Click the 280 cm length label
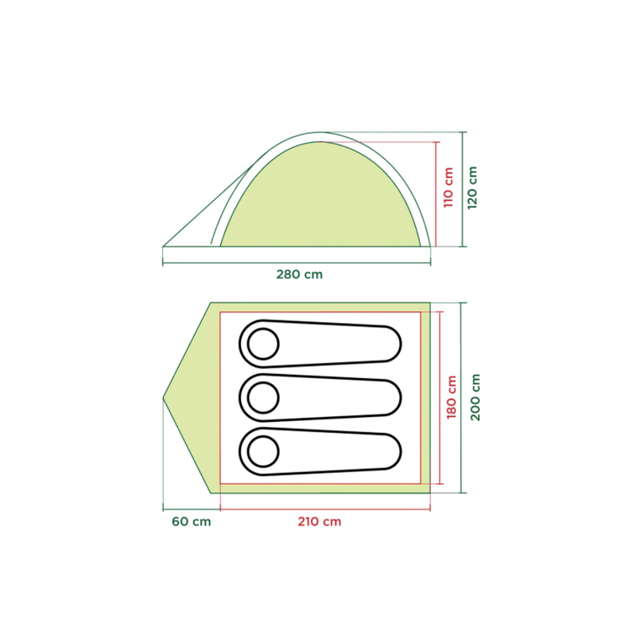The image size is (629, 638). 299,274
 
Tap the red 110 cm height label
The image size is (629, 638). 448,187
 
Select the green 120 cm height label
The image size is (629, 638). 473,187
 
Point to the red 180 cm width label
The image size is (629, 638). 451,397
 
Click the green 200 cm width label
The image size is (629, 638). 476,397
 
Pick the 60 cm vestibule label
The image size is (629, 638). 192,522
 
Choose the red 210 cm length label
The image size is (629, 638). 319,522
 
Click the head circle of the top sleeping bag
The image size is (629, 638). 263,344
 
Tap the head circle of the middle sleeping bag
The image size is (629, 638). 263,397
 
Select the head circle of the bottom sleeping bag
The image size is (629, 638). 263,451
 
